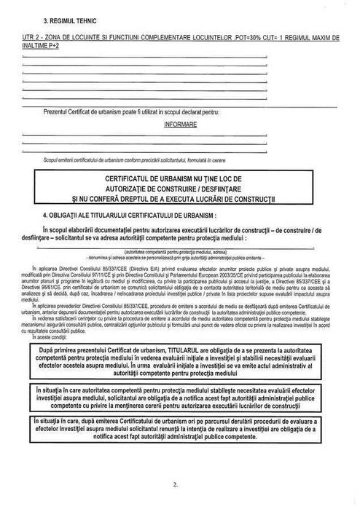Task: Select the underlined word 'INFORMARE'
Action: click(180, 124)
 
